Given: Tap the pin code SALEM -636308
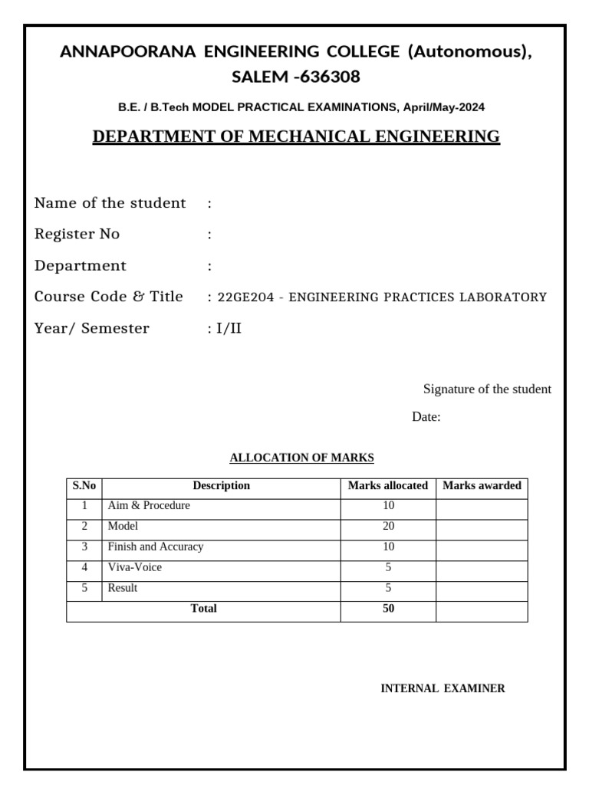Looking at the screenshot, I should click(295, 77).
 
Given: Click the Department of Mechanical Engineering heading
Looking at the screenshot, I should click(295, 137).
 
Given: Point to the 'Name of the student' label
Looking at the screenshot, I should click(110, 203).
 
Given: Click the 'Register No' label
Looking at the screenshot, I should click(77, 235).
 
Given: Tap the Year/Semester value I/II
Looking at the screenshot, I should click(229, 329).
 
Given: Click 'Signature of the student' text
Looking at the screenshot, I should click(487, 389).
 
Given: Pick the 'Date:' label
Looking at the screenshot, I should click(426, 418).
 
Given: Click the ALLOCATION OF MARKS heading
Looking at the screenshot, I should click(301, 458).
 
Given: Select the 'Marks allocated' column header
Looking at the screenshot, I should click(387, 486).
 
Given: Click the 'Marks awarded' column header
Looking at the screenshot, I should click(482, 486).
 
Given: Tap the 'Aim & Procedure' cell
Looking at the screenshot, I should click(149, 506).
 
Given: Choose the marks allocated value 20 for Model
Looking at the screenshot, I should click(387, 527).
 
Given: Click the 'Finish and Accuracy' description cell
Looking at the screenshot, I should click(156, 547).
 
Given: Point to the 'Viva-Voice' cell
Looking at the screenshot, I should click(135, 568).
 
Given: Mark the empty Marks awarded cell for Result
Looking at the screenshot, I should click(482, 589).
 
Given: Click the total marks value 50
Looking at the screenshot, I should click(387, 609).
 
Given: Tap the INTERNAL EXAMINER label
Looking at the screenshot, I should click(443, 688).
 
